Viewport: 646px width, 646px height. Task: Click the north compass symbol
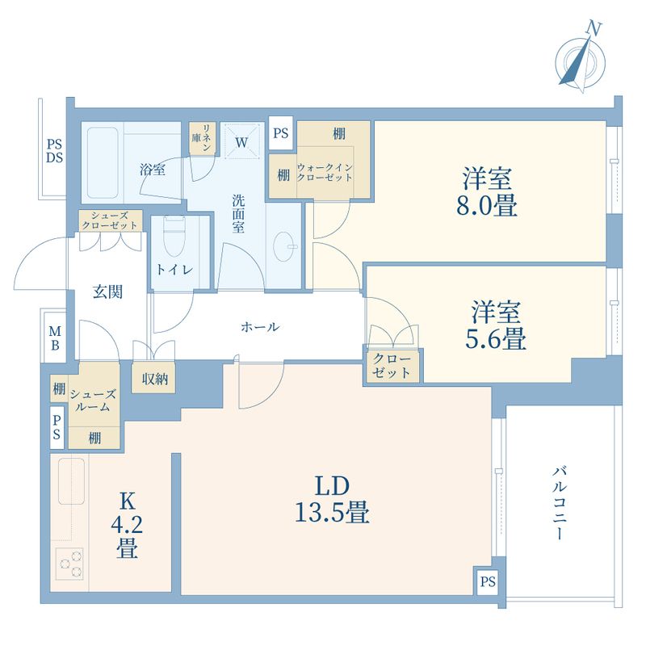[x=580, y=62]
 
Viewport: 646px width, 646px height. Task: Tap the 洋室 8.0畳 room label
[x=487, y=191]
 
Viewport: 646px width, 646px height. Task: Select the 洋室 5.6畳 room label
[x=496, y=325]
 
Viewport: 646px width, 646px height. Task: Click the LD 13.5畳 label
[x=332, y=499]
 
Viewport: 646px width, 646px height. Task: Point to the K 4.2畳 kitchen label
[x=127, y=526]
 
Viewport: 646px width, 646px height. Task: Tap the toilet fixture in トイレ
[x=174, y=236]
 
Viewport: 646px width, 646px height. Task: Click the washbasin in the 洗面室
[x=284, y=246]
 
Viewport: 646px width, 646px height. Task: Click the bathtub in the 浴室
[x=103, y=163]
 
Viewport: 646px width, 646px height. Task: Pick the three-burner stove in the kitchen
[x=69, y=564]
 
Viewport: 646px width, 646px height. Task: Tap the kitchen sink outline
[x=72, y=481]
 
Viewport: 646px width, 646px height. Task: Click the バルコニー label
[x=560, y=503]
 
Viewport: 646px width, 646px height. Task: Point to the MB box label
[x=55, y=338]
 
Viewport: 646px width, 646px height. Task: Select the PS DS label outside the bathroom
[x=54, y=151]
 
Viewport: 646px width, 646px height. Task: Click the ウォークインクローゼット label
[x=325, y=173]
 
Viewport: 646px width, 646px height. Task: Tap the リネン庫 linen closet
[x=202, y=138]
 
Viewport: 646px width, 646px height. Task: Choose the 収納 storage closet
[x=154, y=378]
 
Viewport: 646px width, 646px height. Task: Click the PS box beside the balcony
[x=488, y=581]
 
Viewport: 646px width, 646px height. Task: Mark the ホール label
[x=260, y=327]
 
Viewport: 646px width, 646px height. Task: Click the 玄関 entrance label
[x=107, y=292]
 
